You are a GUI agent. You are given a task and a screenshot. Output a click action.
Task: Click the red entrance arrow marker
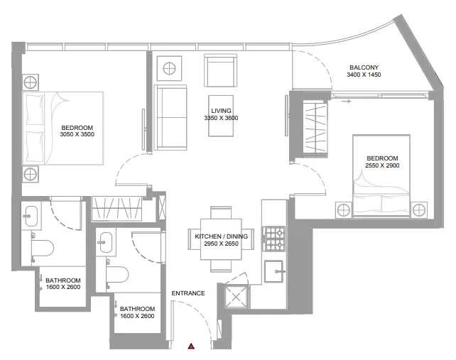191,347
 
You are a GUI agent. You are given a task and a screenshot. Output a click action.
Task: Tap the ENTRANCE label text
188,293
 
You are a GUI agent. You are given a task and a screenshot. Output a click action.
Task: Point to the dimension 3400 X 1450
364,75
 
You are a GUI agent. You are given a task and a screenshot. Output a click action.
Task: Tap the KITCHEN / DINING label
221,236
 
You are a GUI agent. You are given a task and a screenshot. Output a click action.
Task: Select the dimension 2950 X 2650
221,244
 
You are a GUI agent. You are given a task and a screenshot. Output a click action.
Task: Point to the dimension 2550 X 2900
382,166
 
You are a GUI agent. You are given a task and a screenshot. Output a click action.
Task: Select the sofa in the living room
170,118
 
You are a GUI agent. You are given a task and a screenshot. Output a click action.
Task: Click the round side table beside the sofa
170,70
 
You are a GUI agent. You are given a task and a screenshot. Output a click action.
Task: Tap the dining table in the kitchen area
221,240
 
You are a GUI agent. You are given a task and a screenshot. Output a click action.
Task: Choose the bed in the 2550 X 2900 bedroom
382,192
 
